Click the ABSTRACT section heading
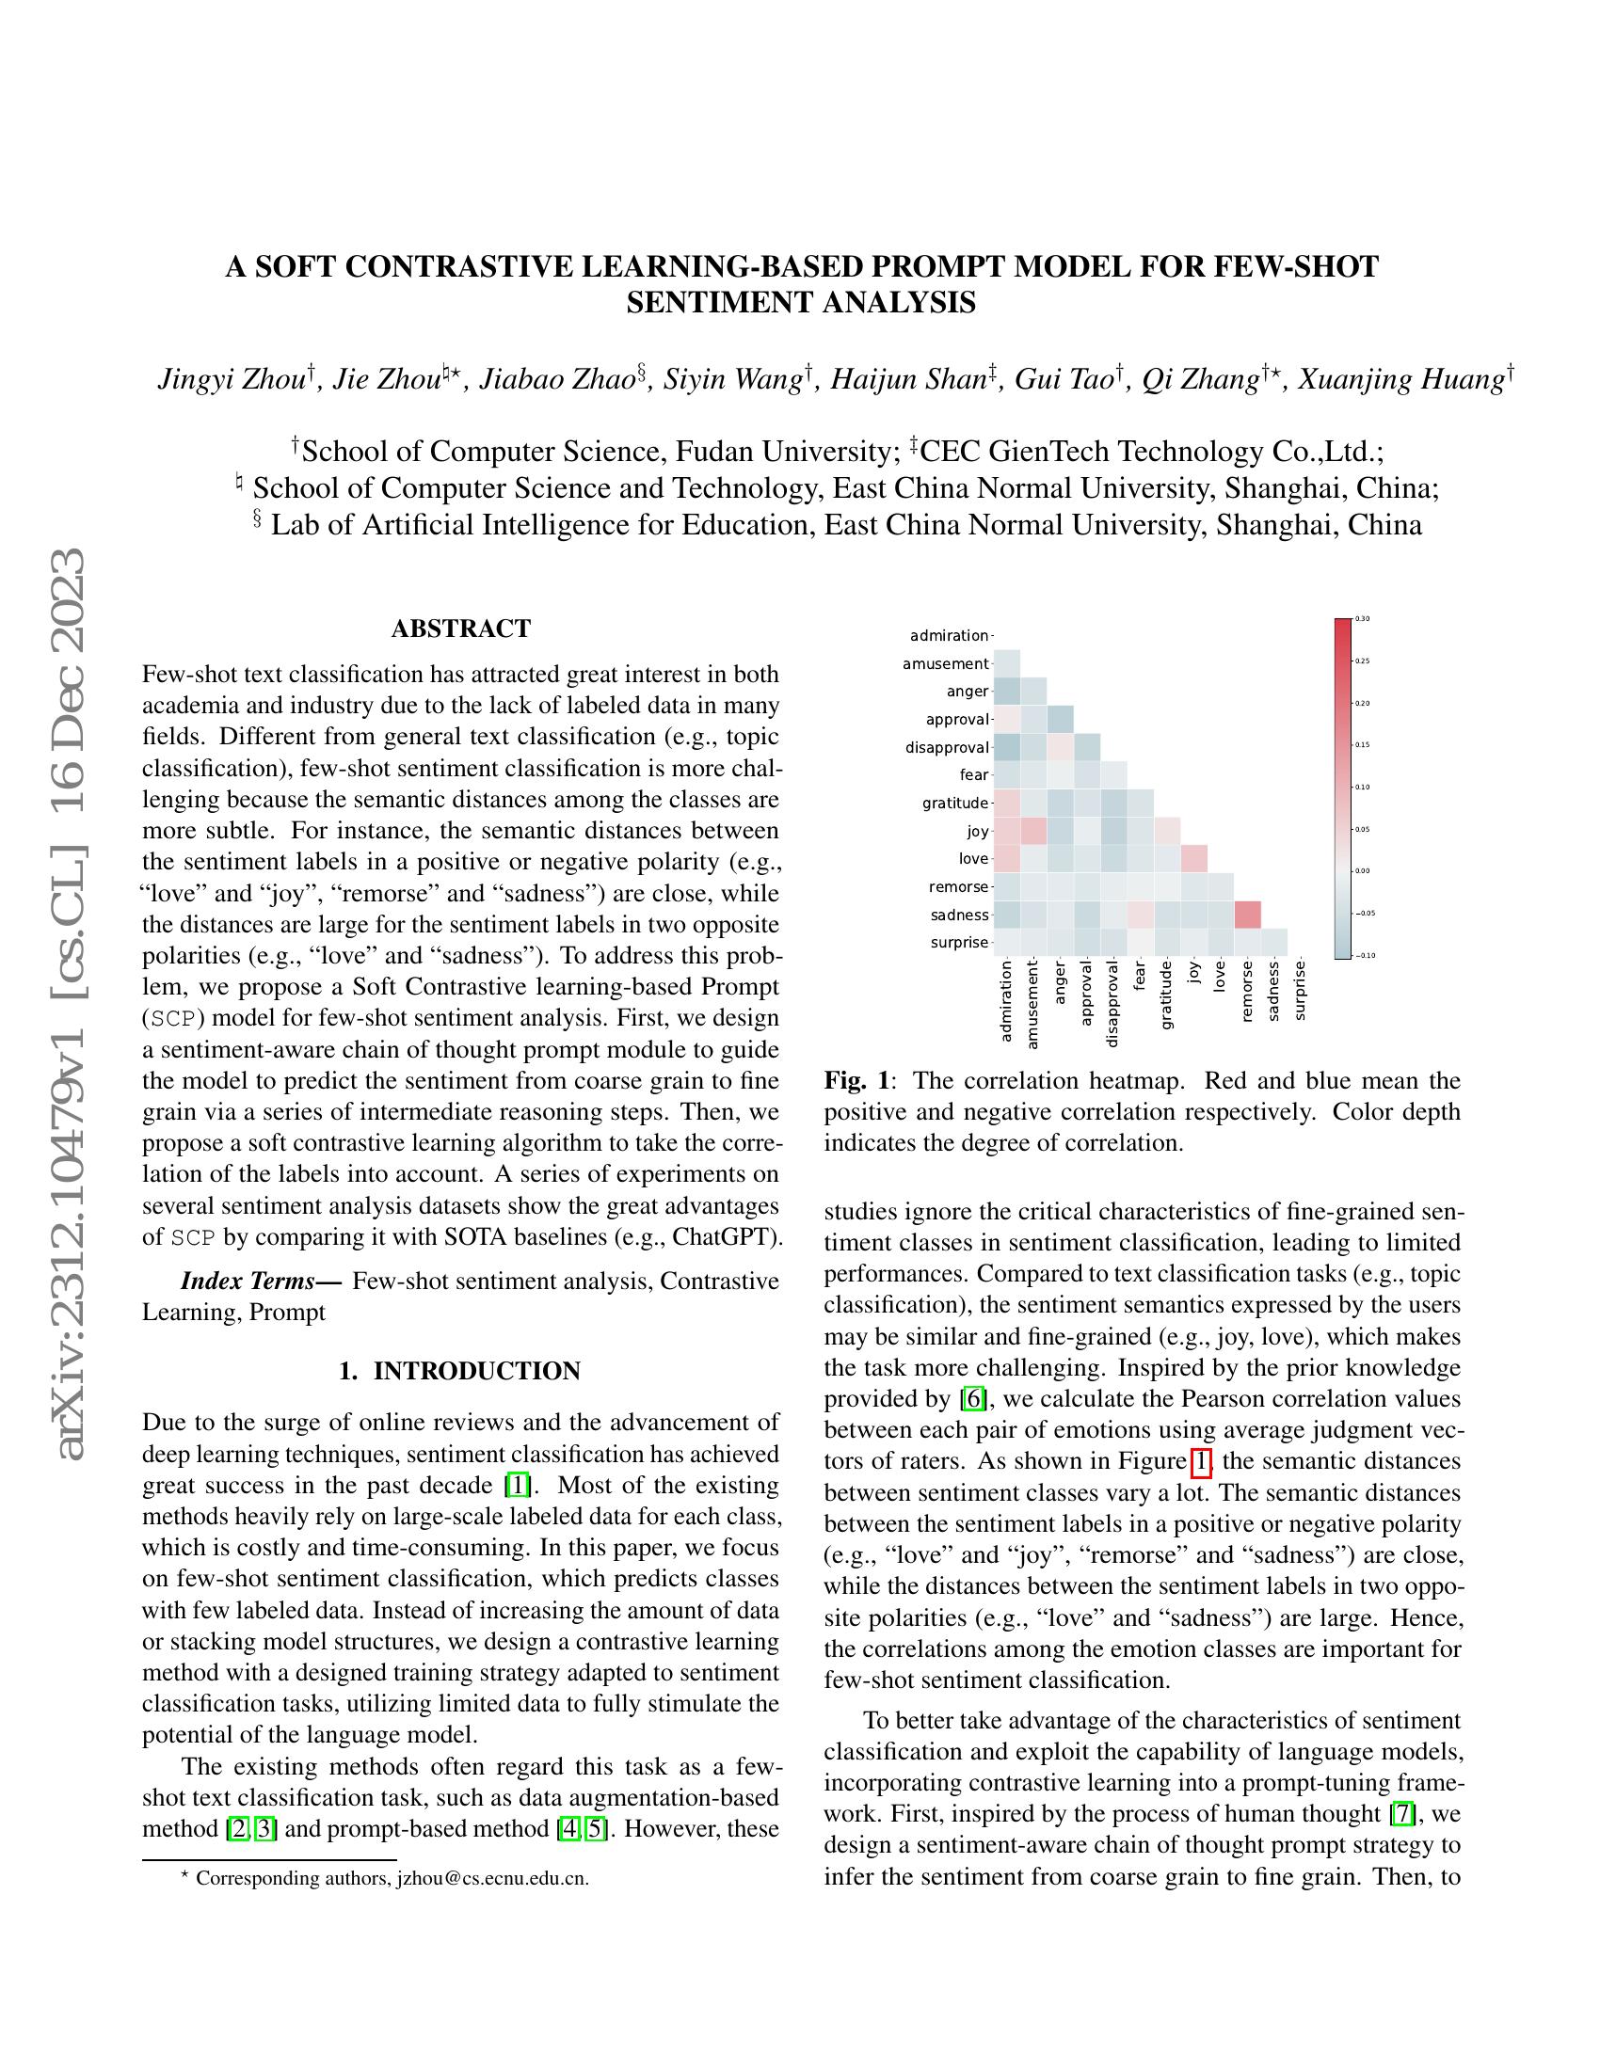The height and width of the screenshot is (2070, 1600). coord(460,629)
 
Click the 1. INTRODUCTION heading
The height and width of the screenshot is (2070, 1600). coord(460,1372)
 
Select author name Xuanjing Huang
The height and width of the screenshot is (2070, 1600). coord(1401,380)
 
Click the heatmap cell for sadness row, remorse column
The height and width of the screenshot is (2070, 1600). coord(1246,915)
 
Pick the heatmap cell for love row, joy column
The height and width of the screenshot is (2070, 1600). coord(1193,859)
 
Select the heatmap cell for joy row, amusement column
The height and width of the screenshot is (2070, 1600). coord(1033,831)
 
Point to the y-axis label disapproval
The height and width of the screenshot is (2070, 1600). coord(946,748)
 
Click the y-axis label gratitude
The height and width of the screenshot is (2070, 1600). coord(954,804)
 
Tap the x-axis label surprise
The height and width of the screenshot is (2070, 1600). coord(1300,991)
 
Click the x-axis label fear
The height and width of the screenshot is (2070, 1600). coord(1141,977)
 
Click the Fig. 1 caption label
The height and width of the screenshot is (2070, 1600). coord(856,1081)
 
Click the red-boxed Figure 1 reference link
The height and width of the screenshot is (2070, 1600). coord(1200,1461)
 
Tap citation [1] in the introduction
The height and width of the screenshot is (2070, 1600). coord(518,1485)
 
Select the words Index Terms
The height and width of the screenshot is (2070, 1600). coord(248,1282)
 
